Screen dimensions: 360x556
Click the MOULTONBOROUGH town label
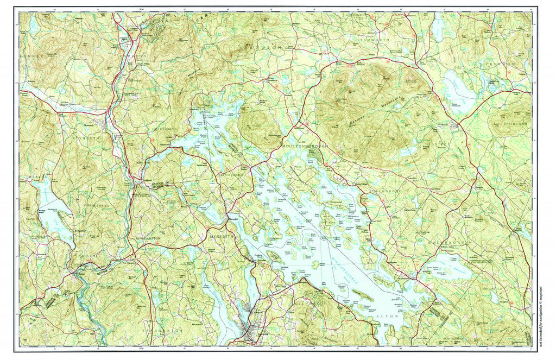(305, 147)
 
